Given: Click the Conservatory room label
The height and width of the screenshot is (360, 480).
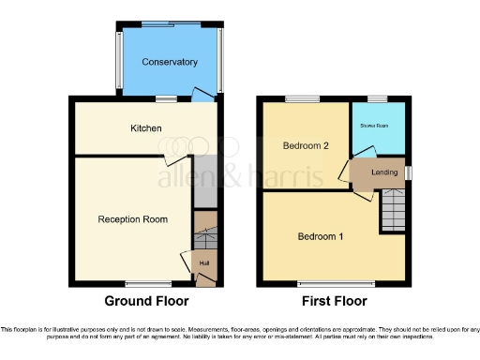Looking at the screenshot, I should [170, 62].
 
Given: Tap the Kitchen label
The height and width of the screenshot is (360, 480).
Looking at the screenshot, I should [146, 128].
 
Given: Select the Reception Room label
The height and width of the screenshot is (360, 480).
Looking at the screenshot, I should [133, 219].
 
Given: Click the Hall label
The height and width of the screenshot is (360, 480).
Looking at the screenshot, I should [203, 263].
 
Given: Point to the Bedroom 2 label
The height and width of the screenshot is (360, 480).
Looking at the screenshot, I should [305, 146].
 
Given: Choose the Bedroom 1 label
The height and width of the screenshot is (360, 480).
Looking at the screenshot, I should [321, 236].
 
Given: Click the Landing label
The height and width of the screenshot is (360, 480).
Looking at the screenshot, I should [383, 172].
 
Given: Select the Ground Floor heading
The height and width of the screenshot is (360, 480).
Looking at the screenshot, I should [146, 301].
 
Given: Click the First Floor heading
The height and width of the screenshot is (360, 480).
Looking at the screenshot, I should [334, 301].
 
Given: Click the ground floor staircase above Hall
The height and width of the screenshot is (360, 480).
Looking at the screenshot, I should [204, 231].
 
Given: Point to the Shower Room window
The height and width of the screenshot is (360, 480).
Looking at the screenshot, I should [378, 97].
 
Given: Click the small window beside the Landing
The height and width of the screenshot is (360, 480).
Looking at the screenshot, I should [411, 172].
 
